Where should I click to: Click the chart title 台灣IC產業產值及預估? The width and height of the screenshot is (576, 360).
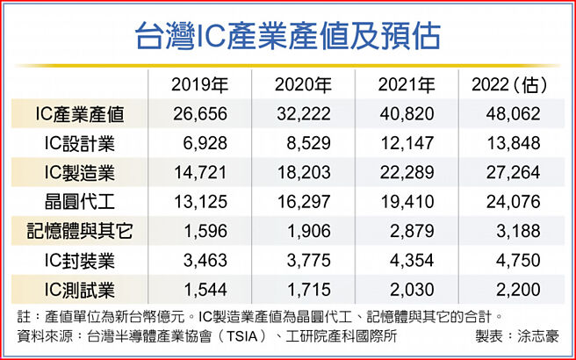click(288, 38)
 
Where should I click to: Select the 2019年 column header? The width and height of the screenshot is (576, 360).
click(200, 85)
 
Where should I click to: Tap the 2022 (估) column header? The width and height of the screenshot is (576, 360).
click(510, 85)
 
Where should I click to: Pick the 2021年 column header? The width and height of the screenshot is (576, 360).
click(407, 85)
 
